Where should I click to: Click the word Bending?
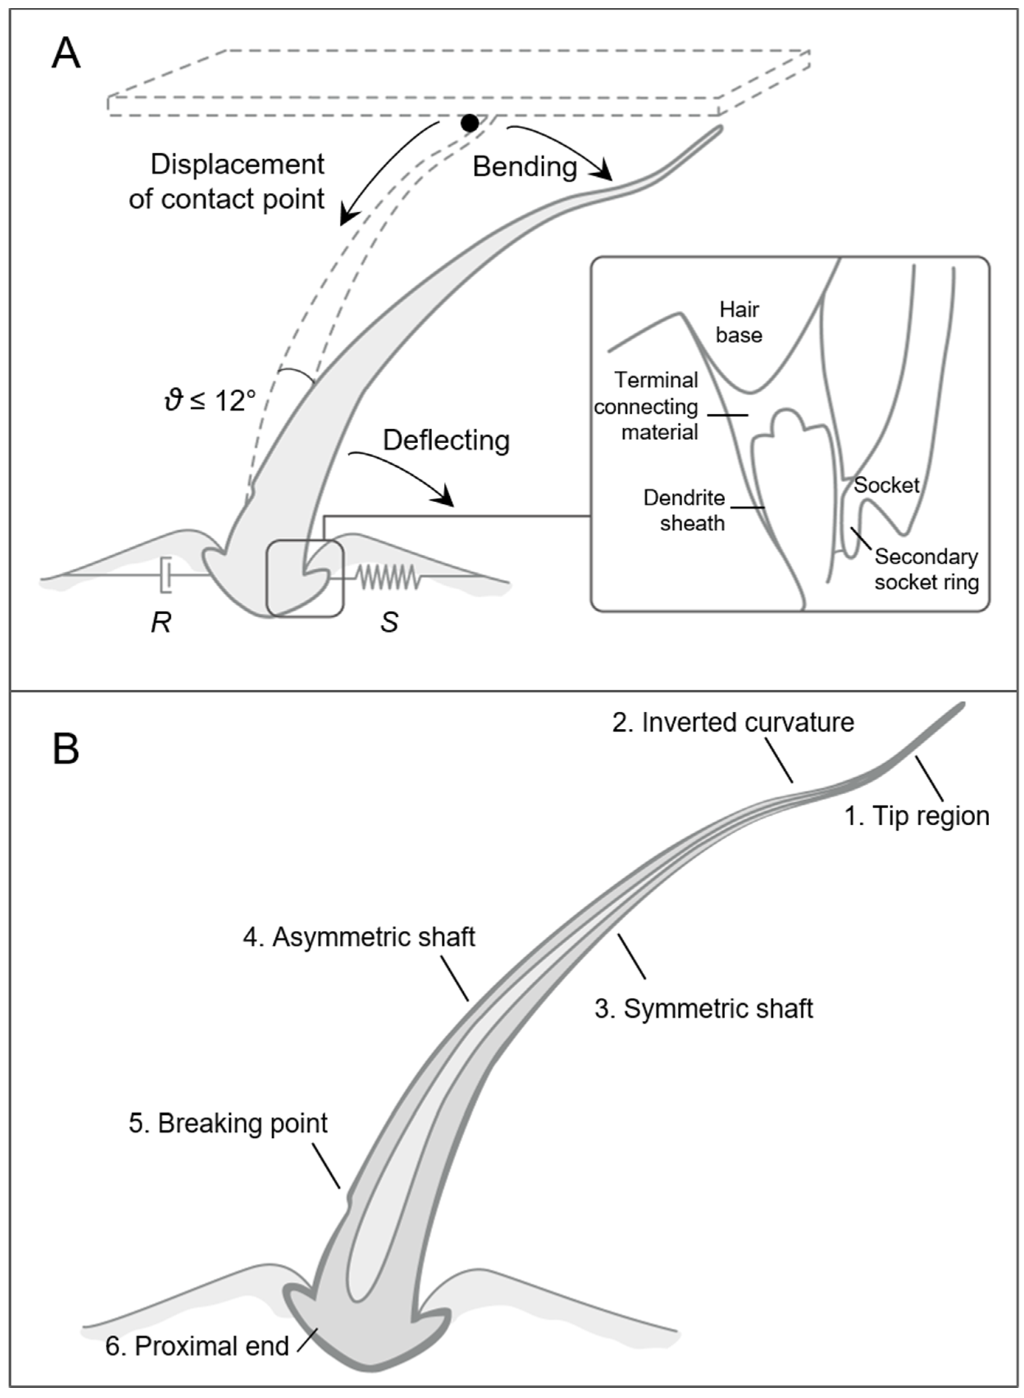coord(525,167)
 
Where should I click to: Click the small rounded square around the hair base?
coord(304,578)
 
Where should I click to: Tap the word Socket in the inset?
coord(886,485)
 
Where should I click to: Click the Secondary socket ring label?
coord(926,569)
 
